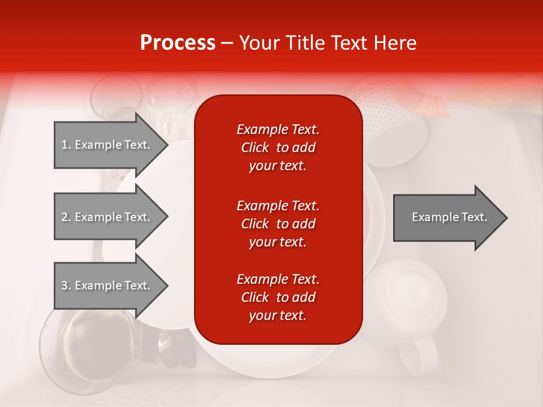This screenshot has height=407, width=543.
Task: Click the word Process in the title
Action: point(178,43)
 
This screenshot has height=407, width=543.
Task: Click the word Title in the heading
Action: point(309,43)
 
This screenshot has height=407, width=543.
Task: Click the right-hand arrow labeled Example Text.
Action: point(449,217)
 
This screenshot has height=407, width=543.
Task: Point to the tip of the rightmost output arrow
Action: point(506,217)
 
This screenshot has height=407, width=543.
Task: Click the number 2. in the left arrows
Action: point(66,217)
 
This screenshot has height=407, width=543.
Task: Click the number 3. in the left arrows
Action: point(66,285)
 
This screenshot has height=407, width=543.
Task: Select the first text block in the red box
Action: point(278,148)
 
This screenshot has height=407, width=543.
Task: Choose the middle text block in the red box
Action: point(278,224)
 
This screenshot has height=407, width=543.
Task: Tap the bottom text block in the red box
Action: point(278,297)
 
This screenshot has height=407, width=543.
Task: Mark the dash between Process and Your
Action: point(227,44)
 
